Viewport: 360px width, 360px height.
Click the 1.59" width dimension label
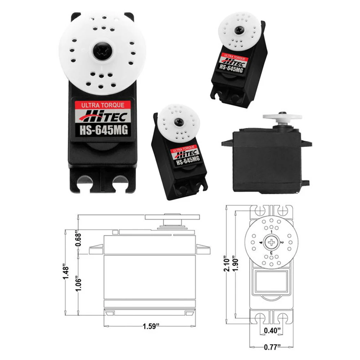(x=151, y=327)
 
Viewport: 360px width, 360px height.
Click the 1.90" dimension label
(x=236, y=265)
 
